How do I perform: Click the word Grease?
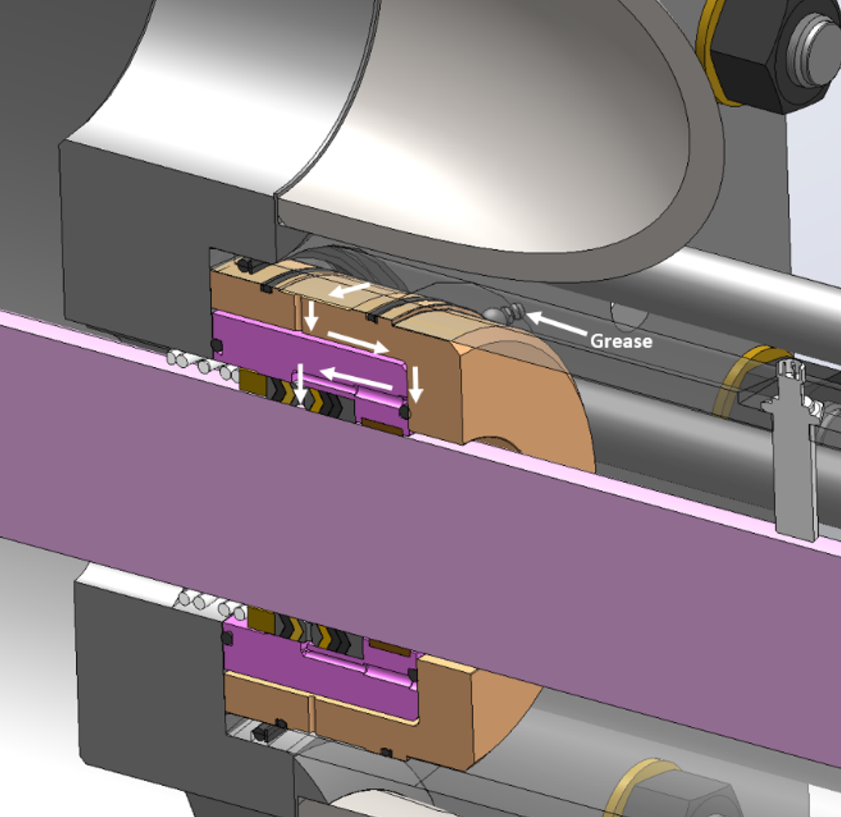tap(620, 341)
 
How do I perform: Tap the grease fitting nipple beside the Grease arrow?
tap(510, 313)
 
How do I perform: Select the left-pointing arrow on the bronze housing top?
tap(349, 290)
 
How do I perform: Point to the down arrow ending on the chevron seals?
tap(300, 384)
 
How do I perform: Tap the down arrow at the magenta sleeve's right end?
tap(415, 385)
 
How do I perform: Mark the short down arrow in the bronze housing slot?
tap(311, 315)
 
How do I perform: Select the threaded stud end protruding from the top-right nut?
tap(813, 47)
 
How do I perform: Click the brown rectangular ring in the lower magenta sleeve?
tap(389, 648)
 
